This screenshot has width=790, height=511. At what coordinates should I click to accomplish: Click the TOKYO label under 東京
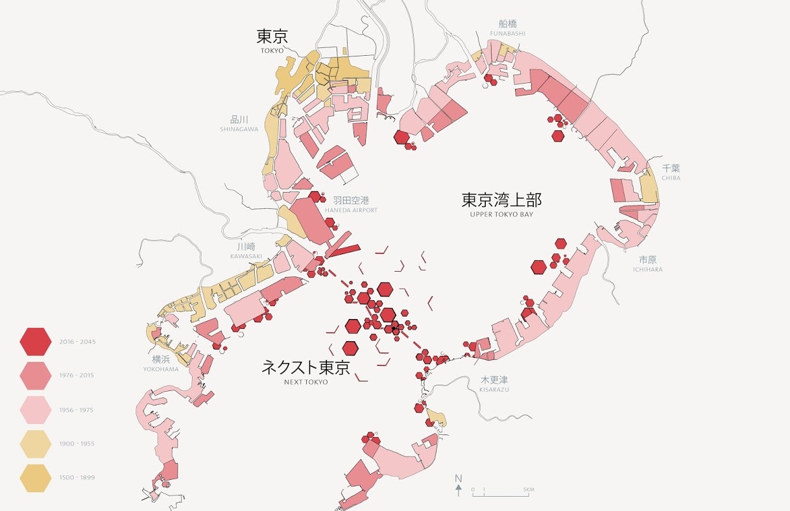pyautogui.click(x=272, y=50)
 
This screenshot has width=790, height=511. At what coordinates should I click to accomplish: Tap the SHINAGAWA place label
pyautogui.click(x=239, y=129)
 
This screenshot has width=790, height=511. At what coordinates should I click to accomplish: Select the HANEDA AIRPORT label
pyautogui.click(x=351, y=210)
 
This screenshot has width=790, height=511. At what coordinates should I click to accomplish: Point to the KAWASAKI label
pyautogui.click(x=246, y=256)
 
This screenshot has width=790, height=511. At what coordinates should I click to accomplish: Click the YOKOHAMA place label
pyautogui.click(x=161, y=369)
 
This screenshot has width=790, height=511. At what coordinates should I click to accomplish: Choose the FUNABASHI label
pyautogui.click(x=508, y=33)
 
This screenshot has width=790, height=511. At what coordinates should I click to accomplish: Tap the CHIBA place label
pyautogui.click(x=671, y=178)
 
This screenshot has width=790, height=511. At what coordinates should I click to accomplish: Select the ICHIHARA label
pyautogui.click(x=647, y=269)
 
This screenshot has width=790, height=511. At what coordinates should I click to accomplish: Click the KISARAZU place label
pyautogui.click(x=494, y=389)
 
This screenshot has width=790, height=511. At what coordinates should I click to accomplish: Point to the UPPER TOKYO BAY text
pyautogui.click(x=501, y=214)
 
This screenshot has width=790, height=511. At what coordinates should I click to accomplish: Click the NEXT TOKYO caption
pyautogui.click(x=306, y=382)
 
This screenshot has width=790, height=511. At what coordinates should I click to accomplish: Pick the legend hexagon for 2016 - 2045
pyautogui.click(x=36, y=342)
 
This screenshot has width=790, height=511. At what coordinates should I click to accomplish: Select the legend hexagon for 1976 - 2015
pyautogui.click(x=36, y=376)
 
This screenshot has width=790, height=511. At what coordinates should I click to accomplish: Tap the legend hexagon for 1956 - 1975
pyautogui.click(x=36, y=410)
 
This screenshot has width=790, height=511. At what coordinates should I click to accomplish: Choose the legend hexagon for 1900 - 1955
pyautogui.click(x=36, y=444)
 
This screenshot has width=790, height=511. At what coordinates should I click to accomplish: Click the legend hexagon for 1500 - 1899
pyautogui.click(x=36, y=478)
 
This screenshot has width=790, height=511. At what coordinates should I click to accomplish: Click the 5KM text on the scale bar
pyautogui.click(x=528, y=489)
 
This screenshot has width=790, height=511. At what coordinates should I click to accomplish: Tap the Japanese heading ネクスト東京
pyautogui.click(x=305, y=368)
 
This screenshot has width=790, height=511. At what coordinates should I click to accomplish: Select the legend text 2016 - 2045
pyautogui.click(x=77, y=342)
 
